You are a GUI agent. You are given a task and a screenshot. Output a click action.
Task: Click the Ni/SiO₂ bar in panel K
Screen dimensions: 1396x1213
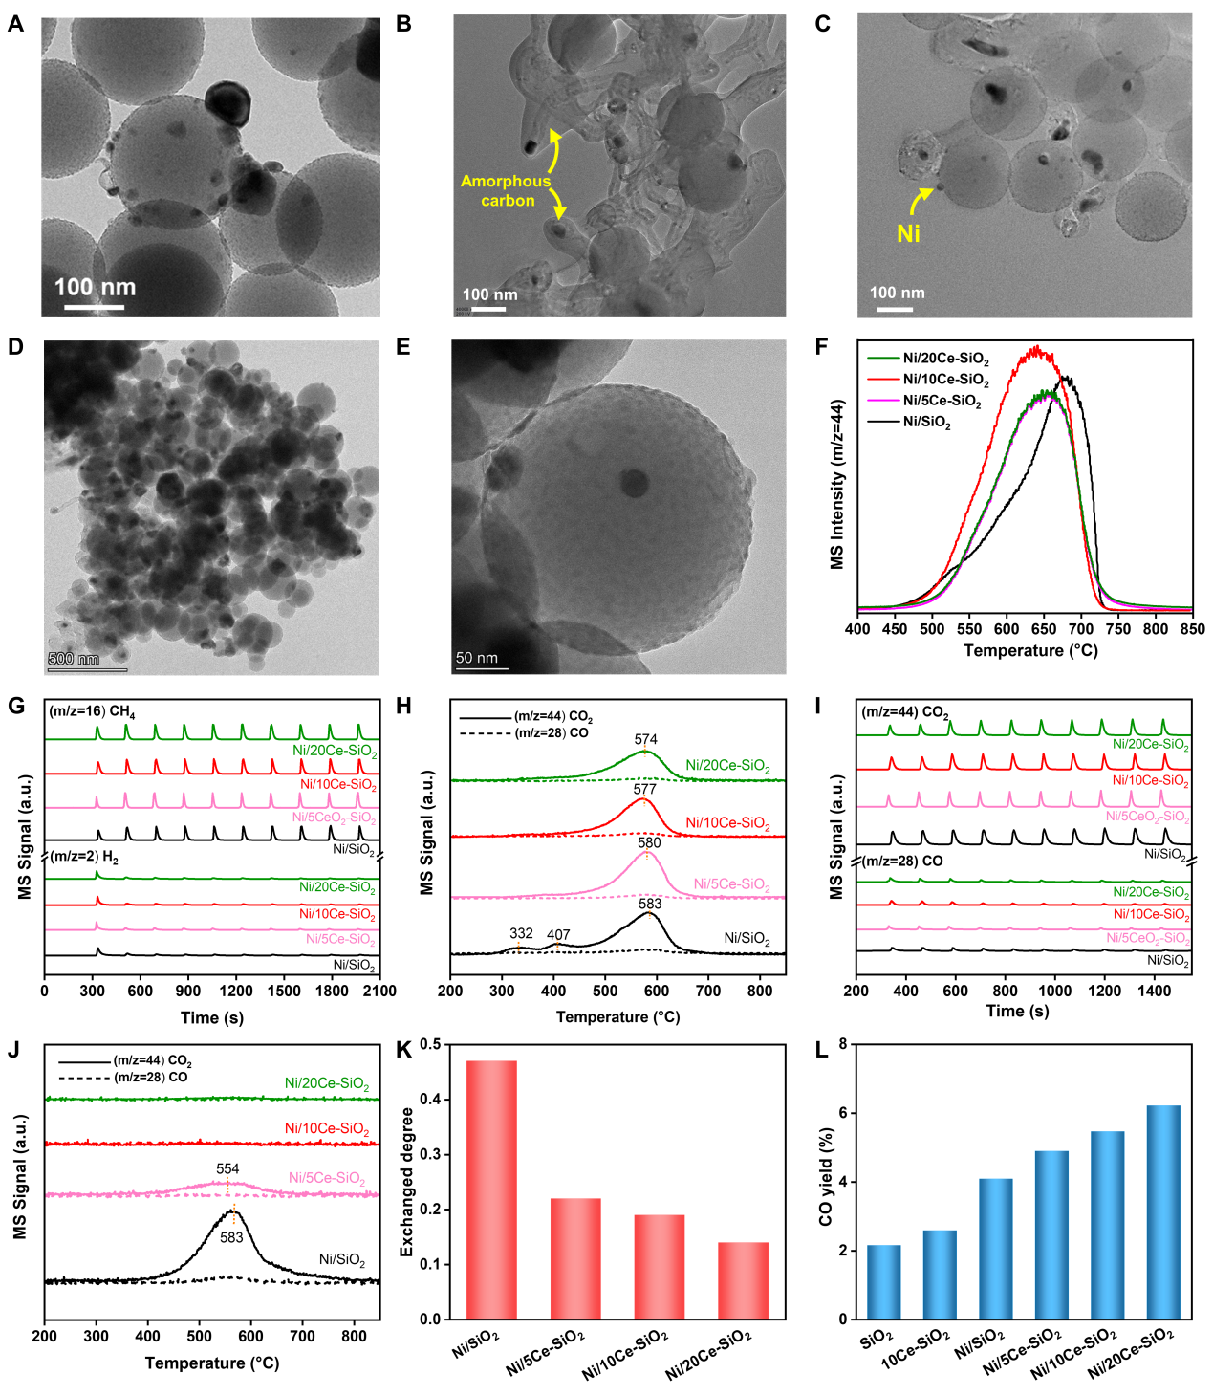coord(491,1189)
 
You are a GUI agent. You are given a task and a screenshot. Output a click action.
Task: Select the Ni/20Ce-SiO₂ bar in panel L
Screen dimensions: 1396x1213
coord(1162,1211)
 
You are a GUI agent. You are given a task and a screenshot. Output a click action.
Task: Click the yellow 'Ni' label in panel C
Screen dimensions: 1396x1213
coord(908,233)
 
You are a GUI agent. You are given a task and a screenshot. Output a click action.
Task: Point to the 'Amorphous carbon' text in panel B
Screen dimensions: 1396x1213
coord(507,190)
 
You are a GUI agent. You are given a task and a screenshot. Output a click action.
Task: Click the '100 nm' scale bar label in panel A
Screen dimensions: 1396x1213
coord(95,287)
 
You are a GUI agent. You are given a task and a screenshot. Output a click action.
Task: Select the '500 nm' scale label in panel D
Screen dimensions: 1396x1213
coord(74,659)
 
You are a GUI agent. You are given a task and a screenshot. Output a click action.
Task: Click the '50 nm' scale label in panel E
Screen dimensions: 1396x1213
coord(477,658)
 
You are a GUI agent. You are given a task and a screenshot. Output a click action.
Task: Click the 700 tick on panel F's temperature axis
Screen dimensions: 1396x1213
coord(1081,629)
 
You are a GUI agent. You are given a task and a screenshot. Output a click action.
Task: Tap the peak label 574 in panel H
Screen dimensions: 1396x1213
coord(645,739)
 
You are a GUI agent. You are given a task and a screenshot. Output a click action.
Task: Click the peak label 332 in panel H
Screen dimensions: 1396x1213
coord(521,933)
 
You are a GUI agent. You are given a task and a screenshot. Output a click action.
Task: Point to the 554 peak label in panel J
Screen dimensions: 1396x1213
coord(227,1168)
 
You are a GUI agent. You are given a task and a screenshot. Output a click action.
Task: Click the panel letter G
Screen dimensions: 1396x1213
coord(16,707)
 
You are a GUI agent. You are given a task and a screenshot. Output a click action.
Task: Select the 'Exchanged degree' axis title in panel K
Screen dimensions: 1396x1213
coord(407,1182)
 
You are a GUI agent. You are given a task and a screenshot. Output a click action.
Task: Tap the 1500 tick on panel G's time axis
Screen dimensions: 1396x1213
coord(284,991)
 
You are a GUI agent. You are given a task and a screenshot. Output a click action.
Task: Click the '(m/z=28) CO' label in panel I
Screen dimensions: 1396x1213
coord(902,861)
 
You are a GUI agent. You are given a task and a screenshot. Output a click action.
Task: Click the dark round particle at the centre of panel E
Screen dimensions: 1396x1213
coord(632,482)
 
